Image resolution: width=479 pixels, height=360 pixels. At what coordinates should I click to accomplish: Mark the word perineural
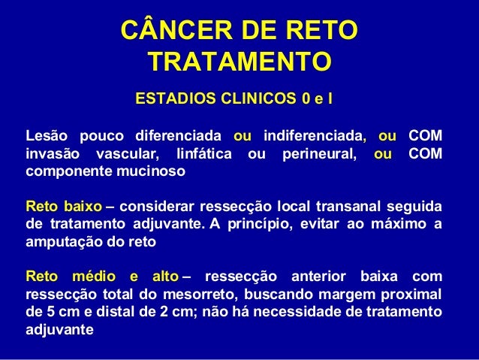(x=313, y=153)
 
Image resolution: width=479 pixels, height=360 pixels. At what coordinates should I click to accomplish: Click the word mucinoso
(x=149, y=171)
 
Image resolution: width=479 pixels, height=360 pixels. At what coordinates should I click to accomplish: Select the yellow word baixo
(x=83, y=205)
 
